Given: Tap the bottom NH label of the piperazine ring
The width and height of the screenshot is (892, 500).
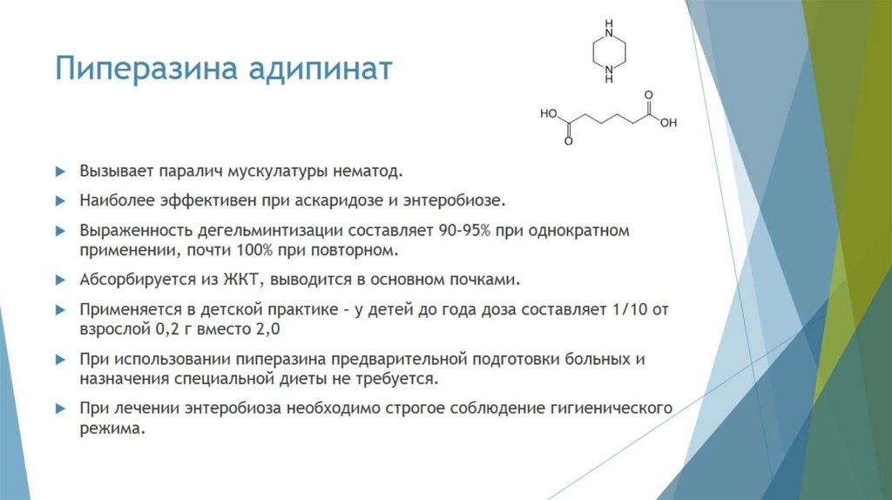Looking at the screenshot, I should click(x=608, y=78).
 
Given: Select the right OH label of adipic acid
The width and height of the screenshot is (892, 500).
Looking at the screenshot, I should click(x=668, y=123).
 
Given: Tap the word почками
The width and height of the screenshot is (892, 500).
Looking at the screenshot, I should click(x=489, y=280).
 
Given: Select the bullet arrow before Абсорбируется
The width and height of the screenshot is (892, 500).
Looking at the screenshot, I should click(x=59, y=280).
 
